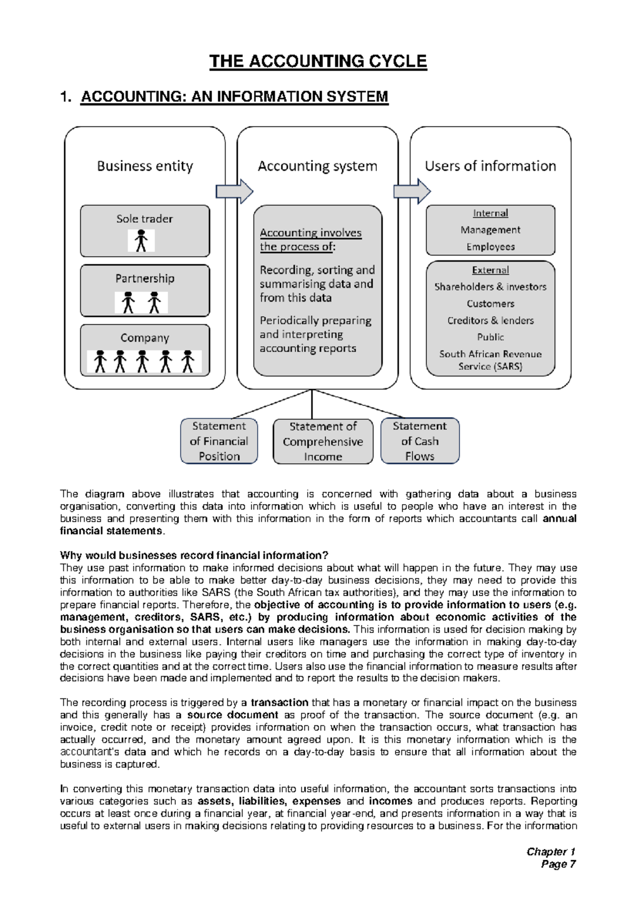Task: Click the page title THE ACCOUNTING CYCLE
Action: point(318,62)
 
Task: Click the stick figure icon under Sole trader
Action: point(141,241)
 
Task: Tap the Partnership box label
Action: point(145,279)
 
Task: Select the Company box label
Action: point(145,338)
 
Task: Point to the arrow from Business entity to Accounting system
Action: point(234,192)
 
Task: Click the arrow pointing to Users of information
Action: point(412,192)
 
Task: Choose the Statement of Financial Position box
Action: point(219,441)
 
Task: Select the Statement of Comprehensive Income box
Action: point(323,442)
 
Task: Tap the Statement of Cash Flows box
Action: point(420,441)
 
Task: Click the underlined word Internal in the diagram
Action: point(490,213)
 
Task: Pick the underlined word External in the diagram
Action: point(490,271)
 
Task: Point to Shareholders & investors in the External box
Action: point(490,287)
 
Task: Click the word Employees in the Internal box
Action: point(490,247)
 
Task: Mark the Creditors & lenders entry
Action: point(490,321)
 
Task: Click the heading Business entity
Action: point(145,167)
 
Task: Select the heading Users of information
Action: point(490,167)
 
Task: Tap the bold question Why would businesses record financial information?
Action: point(194,556)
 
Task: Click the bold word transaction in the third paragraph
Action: point(279,703)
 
